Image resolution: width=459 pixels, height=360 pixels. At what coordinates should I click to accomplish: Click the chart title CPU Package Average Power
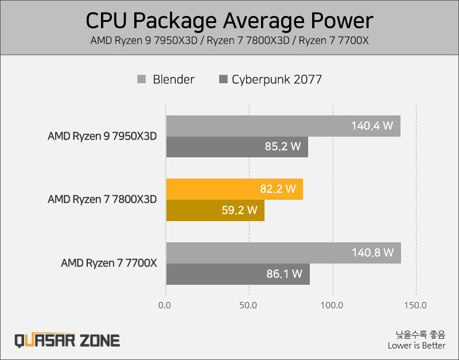point(229,21)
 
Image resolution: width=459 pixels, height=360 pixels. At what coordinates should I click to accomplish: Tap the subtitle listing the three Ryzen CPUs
point(229,41)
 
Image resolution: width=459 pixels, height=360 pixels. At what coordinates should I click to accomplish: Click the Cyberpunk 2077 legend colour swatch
point(224,79)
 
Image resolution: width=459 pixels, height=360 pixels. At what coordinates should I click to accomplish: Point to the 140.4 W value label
point(372,126)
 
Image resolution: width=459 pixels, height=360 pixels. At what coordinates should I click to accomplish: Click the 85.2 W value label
point(283,147)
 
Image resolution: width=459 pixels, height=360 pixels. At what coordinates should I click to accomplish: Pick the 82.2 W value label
point(278,189)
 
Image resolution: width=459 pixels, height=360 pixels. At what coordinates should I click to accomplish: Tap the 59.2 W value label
point(239,210)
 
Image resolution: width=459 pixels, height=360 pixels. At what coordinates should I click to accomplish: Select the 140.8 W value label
point(372,253)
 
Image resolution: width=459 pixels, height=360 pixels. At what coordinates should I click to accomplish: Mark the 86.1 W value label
point(285,274)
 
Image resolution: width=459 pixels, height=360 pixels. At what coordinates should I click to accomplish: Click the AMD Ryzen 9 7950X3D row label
point(102,137)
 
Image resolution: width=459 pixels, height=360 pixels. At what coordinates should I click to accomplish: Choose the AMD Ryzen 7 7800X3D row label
point(102,200)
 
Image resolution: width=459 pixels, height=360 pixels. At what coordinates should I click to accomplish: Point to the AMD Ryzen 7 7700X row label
point(109,264)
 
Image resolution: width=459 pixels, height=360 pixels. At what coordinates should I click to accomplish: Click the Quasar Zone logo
point(67,340)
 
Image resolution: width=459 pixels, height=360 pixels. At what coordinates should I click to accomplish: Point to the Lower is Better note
point(417,346)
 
